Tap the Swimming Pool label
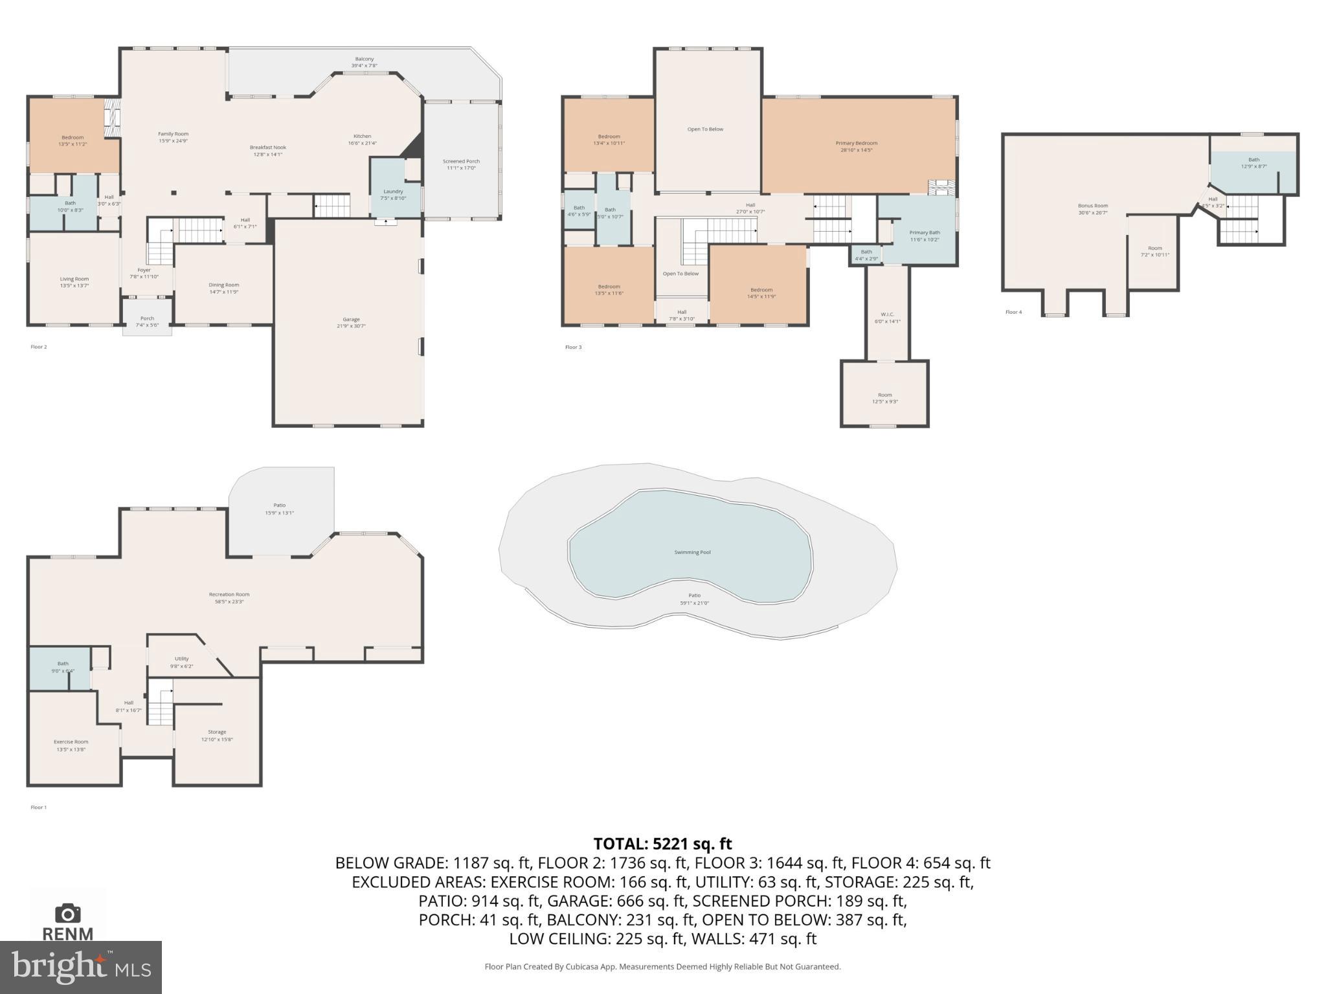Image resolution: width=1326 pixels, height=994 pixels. pyautogui.click(x=692, y=552)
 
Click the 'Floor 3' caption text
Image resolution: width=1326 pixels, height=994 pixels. pyautogui.click(x=573, y=348)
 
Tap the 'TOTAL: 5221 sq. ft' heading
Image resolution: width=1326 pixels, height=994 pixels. pyautogui.click(x=662, y=844)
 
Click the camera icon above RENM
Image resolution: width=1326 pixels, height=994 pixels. pyautogui.click(x=67, y=914)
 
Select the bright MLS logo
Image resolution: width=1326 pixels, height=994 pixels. pyautogui.click(x=81, y=967)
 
